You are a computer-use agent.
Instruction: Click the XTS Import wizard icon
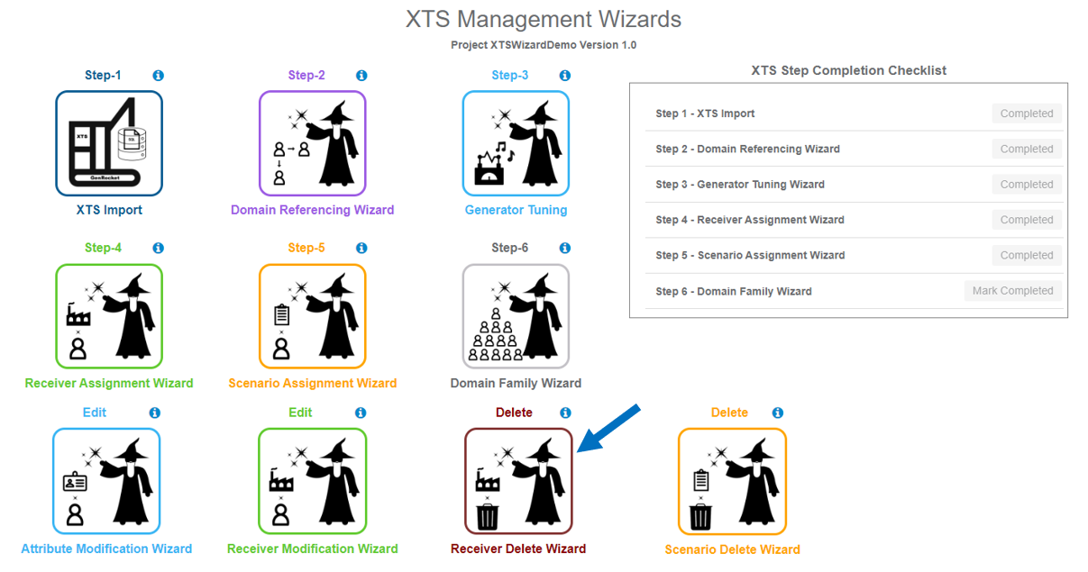(x=109, y=143)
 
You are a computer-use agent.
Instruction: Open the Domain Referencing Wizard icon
(x=312, y=143)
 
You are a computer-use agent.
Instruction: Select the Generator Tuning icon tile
(x=516, y=143)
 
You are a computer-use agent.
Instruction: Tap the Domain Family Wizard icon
(x=516, y=316)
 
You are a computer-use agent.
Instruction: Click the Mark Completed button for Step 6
(x=1012, y=291)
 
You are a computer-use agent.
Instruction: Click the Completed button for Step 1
(x=1026, y=113)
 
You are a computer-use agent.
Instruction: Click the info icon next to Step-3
(x=565, y=76)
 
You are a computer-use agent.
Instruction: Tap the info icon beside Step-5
(x=361, y=248)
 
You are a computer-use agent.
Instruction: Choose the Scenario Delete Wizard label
(x=732, y=549)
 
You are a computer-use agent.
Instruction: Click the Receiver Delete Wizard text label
(x=518, y=549)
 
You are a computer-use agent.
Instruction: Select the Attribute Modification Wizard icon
(x=106, y=481)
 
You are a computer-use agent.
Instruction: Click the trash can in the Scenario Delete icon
(x=700, y=517)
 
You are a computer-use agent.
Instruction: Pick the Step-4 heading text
(x=103, y=248)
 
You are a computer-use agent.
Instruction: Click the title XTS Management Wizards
(x=544, y=19)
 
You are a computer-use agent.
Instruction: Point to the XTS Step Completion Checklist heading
(x=848, y=70)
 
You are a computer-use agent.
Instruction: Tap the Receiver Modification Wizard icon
(x=312, y=481)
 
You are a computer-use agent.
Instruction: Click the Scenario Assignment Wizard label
(x=312, y=383)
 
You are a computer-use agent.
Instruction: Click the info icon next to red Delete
(x=565, y=413)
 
